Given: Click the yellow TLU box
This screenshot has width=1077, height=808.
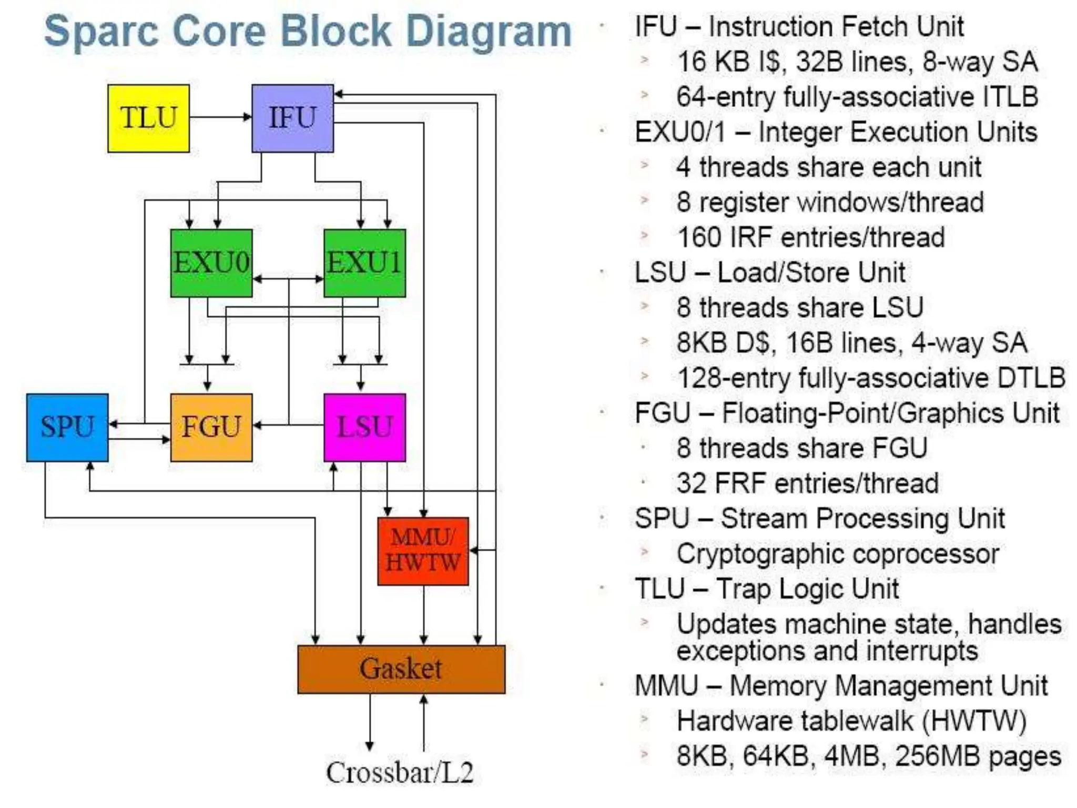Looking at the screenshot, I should click(148, 118).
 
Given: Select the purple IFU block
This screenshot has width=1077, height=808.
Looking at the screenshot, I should click(292, 118).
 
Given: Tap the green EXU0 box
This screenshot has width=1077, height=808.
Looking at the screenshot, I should click(211, 262).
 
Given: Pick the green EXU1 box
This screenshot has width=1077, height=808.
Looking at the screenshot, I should click(364, 262).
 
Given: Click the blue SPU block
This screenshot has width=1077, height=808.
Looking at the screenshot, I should click(67, 427).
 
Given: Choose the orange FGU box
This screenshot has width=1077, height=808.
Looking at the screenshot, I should click(211, 427).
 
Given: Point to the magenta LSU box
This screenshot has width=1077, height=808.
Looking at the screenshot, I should click(364, 427).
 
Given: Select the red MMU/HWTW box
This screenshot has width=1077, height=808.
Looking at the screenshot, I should click(423, 551).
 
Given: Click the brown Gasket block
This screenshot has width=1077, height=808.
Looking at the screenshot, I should click(401, 669).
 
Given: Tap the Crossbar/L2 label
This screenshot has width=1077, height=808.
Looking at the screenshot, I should click(400, 772).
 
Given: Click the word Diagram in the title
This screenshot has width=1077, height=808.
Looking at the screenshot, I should click(489, 32).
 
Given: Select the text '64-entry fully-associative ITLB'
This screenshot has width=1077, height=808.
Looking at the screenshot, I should click(857, 97).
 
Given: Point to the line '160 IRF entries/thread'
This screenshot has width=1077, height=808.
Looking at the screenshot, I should click(810, 237).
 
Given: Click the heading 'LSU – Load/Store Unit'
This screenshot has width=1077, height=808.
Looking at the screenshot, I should click(769, 272).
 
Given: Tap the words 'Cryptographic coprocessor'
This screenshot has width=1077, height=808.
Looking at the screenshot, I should click(837, 553).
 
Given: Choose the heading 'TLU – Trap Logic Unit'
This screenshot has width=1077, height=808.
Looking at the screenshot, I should click(766, 589).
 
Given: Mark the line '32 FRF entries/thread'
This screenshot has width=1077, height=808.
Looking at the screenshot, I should click(807, 483).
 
